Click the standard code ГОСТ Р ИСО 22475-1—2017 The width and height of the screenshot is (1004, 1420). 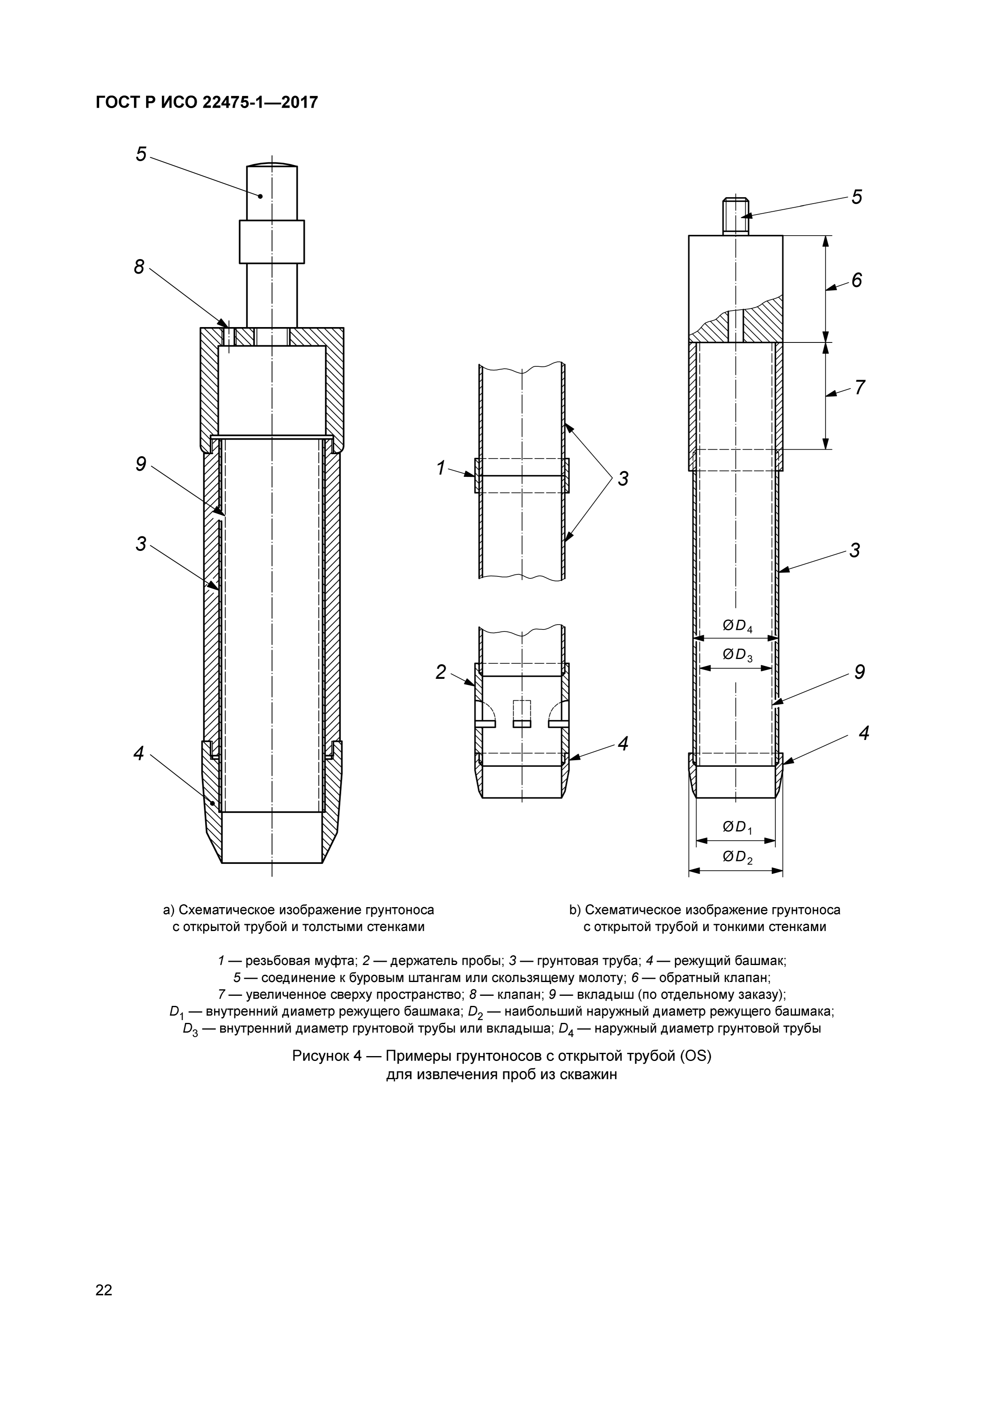point(206,102)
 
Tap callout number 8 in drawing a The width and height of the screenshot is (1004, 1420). point(139,267)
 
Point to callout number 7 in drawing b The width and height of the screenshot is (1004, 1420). point(859,388)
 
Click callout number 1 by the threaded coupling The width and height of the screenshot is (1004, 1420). point(440,468)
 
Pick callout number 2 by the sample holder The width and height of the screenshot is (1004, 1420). point(440,672)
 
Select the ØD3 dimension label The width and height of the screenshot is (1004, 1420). point(737,654)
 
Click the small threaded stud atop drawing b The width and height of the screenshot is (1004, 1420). point(736,216)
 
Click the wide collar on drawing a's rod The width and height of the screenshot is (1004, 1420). point(272,242)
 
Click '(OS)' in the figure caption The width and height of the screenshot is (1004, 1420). point(696,1056)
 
